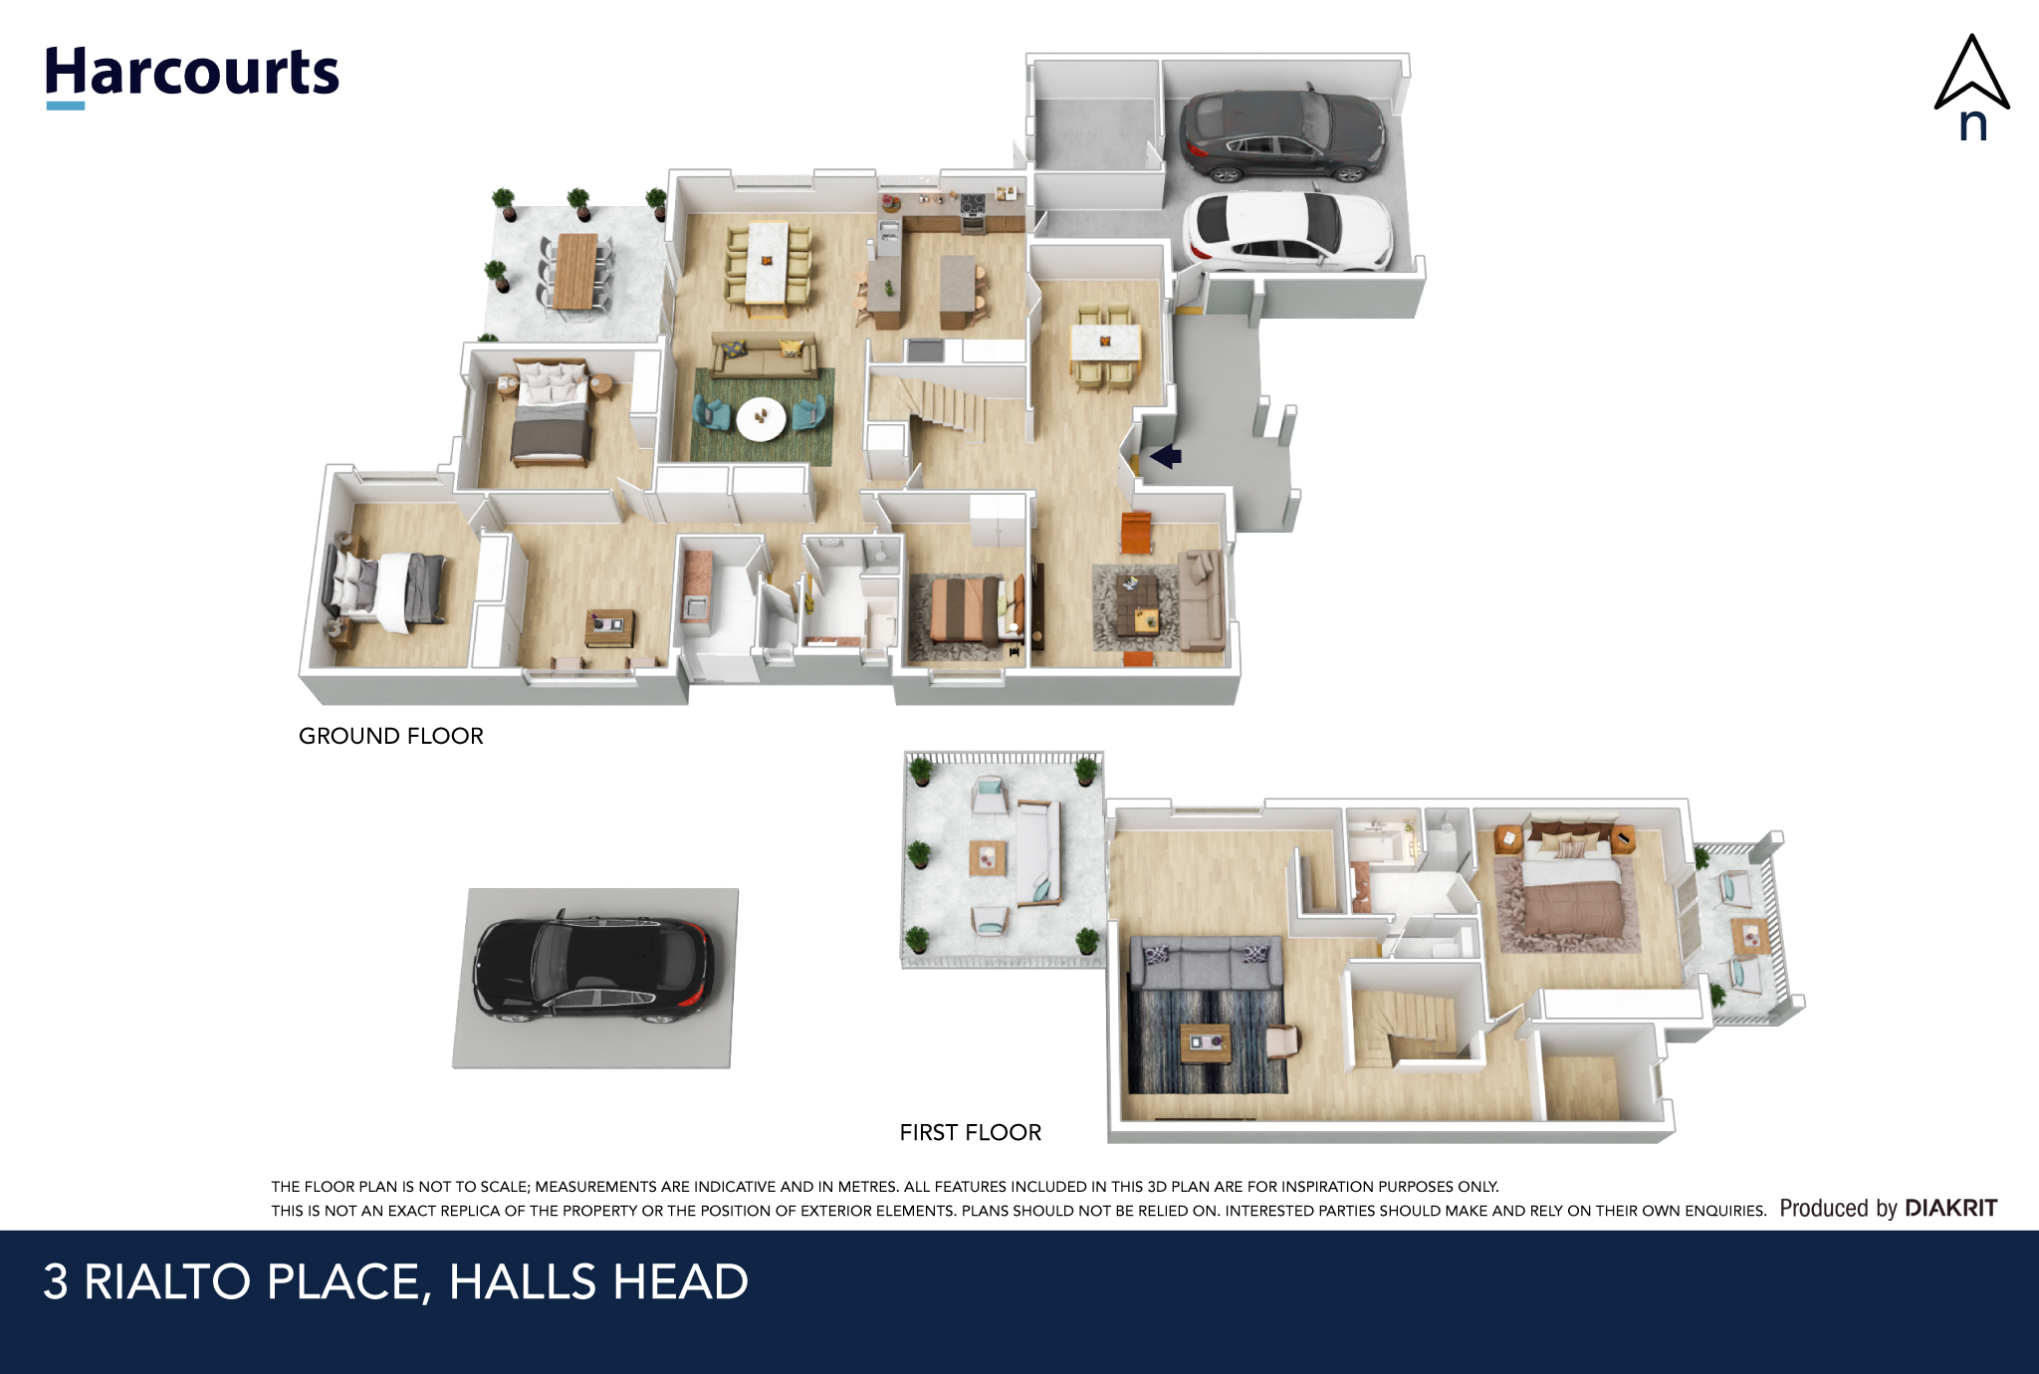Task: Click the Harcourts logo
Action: pyautogui.click(x=192, y=76)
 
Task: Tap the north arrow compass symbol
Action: pyautogui.click(x=1971, y=88)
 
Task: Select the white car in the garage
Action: pyautogui.click(x=1287, y=231)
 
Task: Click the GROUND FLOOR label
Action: pyautogui.click(x=391, y=736)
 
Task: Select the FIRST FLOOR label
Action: pyautogui.click(x=971, y=1132)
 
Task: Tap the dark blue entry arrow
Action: pyautogui.click(x=1166, y=457)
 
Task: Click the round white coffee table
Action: pyautogui.click(x=761, y=418)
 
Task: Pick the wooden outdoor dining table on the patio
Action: pyautogui.click(x=576, y=271)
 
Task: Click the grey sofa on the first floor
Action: pyautogui.click(x=1206, y=962)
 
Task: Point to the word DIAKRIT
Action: pyautogui.click(x=1950, y=1208)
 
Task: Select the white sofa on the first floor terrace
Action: pyautogui.click(x=1038, y=853)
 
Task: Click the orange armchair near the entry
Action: pyautogui.click(x=1136, y=533)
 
